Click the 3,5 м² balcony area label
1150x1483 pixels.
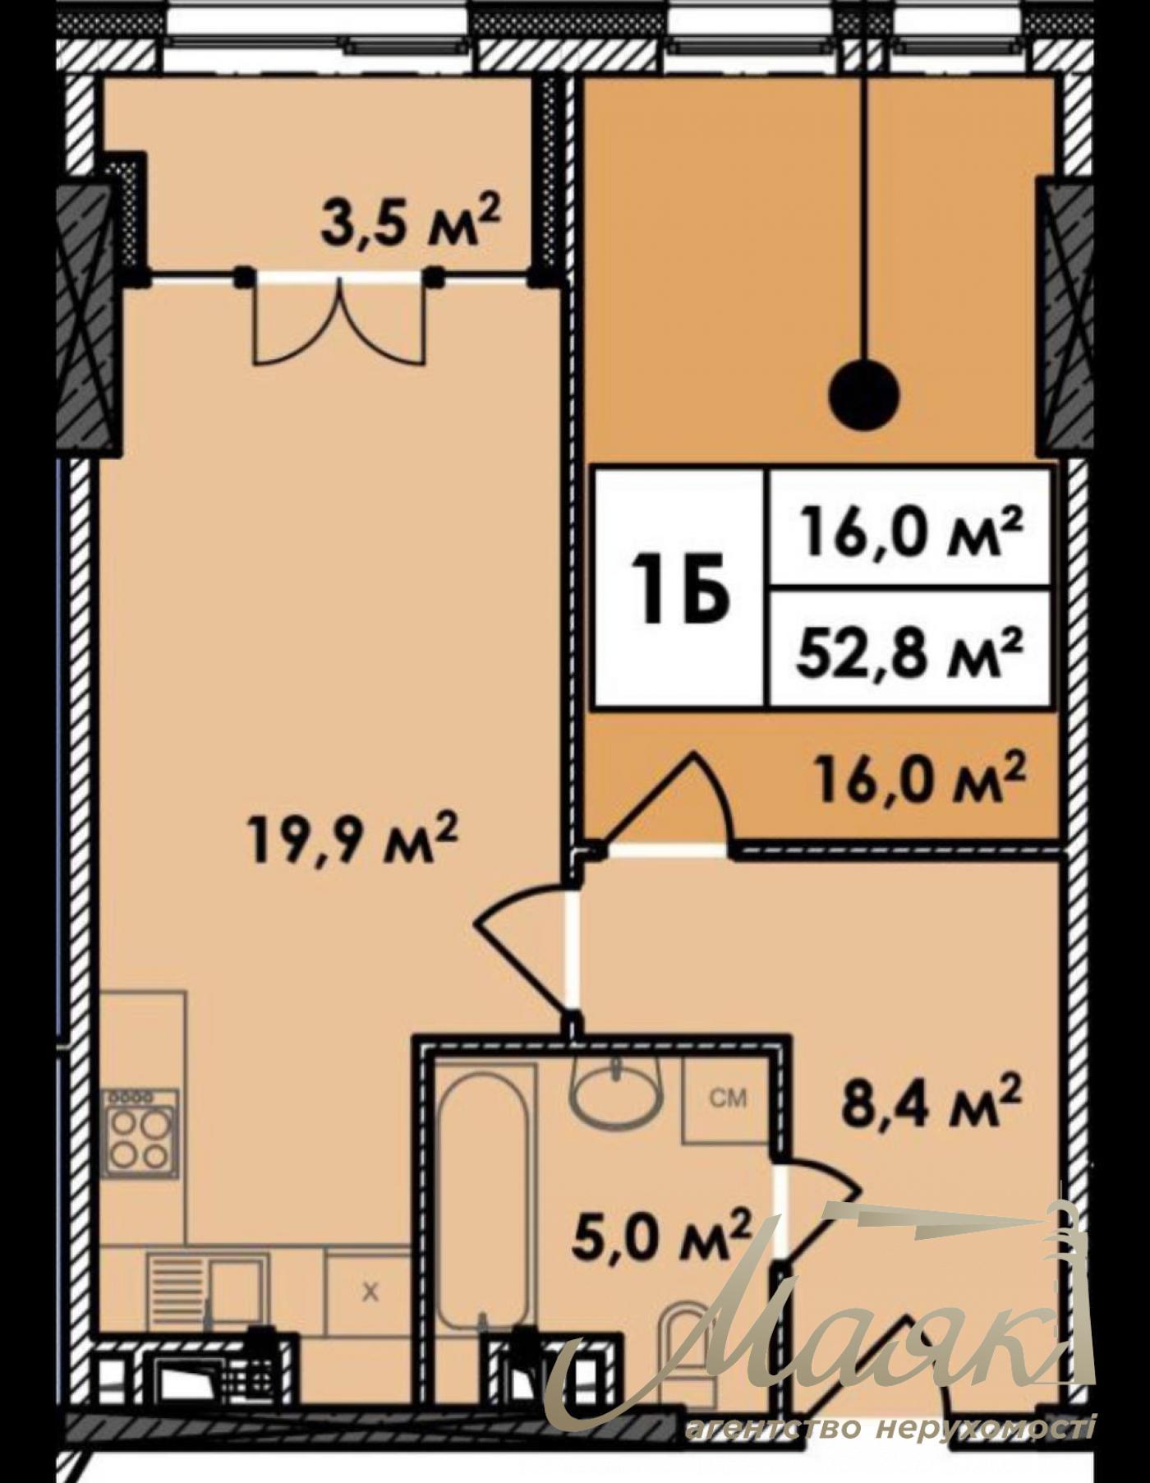coord(410,223)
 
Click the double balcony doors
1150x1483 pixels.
coord(342,320)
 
